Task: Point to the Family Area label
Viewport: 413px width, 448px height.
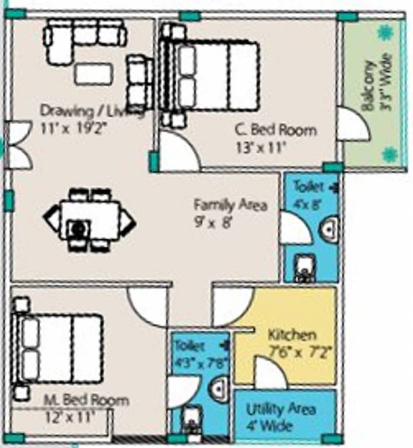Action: coord(230,205)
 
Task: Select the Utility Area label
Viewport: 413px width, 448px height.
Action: coord(281,409)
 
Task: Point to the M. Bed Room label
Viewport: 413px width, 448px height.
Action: coord(87,401)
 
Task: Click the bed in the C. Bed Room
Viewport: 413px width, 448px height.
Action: coord(210,76)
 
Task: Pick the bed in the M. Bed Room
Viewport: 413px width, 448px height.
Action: coord(59,349)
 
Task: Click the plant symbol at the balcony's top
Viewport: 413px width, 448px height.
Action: coord(384,33)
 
